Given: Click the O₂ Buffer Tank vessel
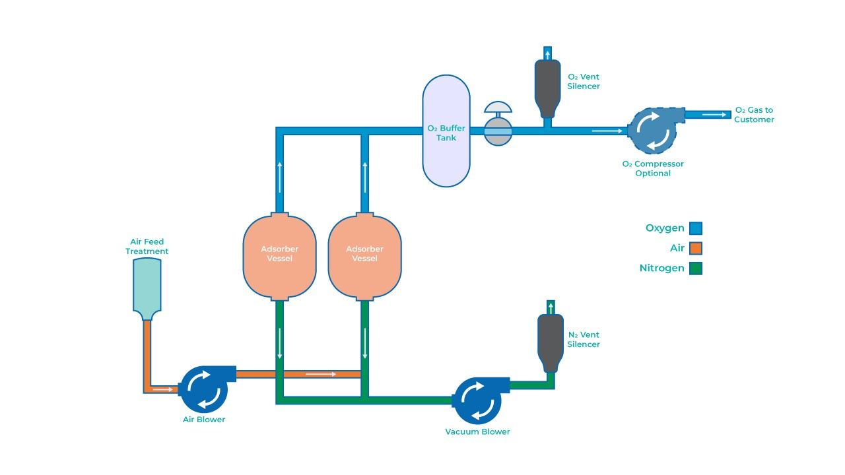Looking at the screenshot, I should [x=446, y=131].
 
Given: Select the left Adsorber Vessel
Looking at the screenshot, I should [x=279, y=255].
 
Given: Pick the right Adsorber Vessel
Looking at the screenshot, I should [x=364, y=255].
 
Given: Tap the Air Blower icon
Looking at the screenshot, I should [x=204, y=389].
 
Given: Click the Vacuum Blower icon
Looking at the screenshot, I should [x=477, y=400].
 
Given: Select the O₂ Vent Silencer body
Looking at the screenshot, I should [x=547, y=86].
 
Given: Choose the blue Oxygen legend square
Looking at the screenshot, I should [x=696, y=228].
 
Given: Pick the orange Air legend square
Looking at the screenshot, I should [x=696, y=249].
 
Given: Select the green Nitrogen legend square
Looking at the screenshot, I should [x=696, y=269].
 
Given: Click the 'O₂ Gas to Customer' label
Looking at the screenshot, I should [x=754, y=115].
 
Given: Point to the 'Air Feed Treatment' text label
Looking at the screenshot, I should [x=147, y=247].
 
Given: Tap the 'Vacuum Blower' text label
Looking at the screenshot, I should [x=477, y=432].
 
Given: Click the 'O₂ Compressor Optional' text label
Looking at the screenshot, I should [x=653, y=169].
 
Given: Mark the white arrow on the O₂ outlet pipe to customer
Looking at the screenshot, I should [x=711, y=115].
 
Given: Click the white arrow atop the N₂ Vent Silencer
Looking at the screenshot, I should [x=551, y=307].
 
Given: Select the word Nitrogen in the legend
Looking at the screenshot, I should [x=661, y=269].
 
